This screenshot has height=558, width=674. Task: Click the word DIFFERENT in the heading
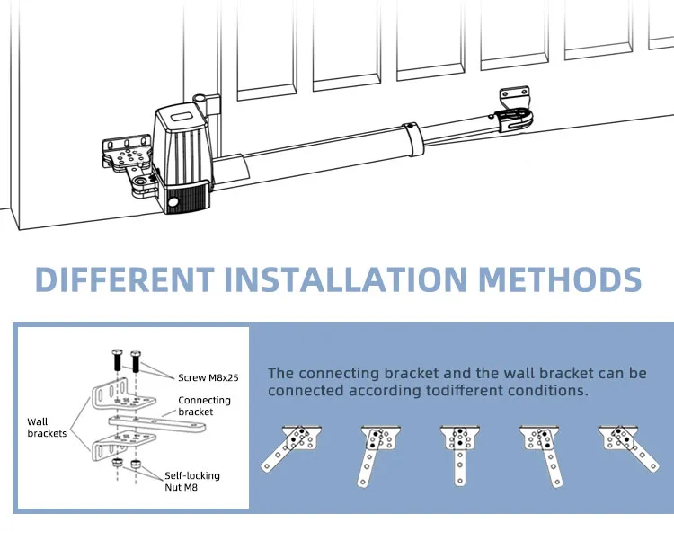click(125, 279)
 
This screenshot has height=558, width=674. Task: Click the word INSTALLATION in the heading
click(346, 279)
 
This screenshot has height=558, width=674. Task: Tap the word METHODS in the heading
click(560, 279)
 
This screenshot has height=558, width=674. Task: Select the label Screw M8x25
click(208, 378)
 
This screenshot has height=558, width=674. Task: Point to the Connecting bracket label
click(205, 406)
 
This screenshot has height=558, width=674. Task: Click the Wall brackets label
click(47, 428)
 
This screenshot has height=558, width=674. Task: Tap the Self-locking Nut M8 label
click(192, 482)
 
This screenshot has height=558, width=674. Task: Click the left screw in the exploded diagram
click(117, 360)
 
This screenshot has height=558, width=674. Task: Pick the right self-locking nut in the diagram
click(136, 465)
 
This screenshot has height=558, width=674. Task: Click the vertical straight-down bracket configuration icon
click(460, 456)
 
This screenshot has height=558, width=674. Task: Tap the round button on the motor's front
click(173, 202)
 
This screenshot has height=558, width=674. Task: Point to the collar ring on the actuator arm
click(413, 139)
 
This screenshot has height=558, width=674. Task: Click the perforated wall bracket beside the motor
click(128, 154)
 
